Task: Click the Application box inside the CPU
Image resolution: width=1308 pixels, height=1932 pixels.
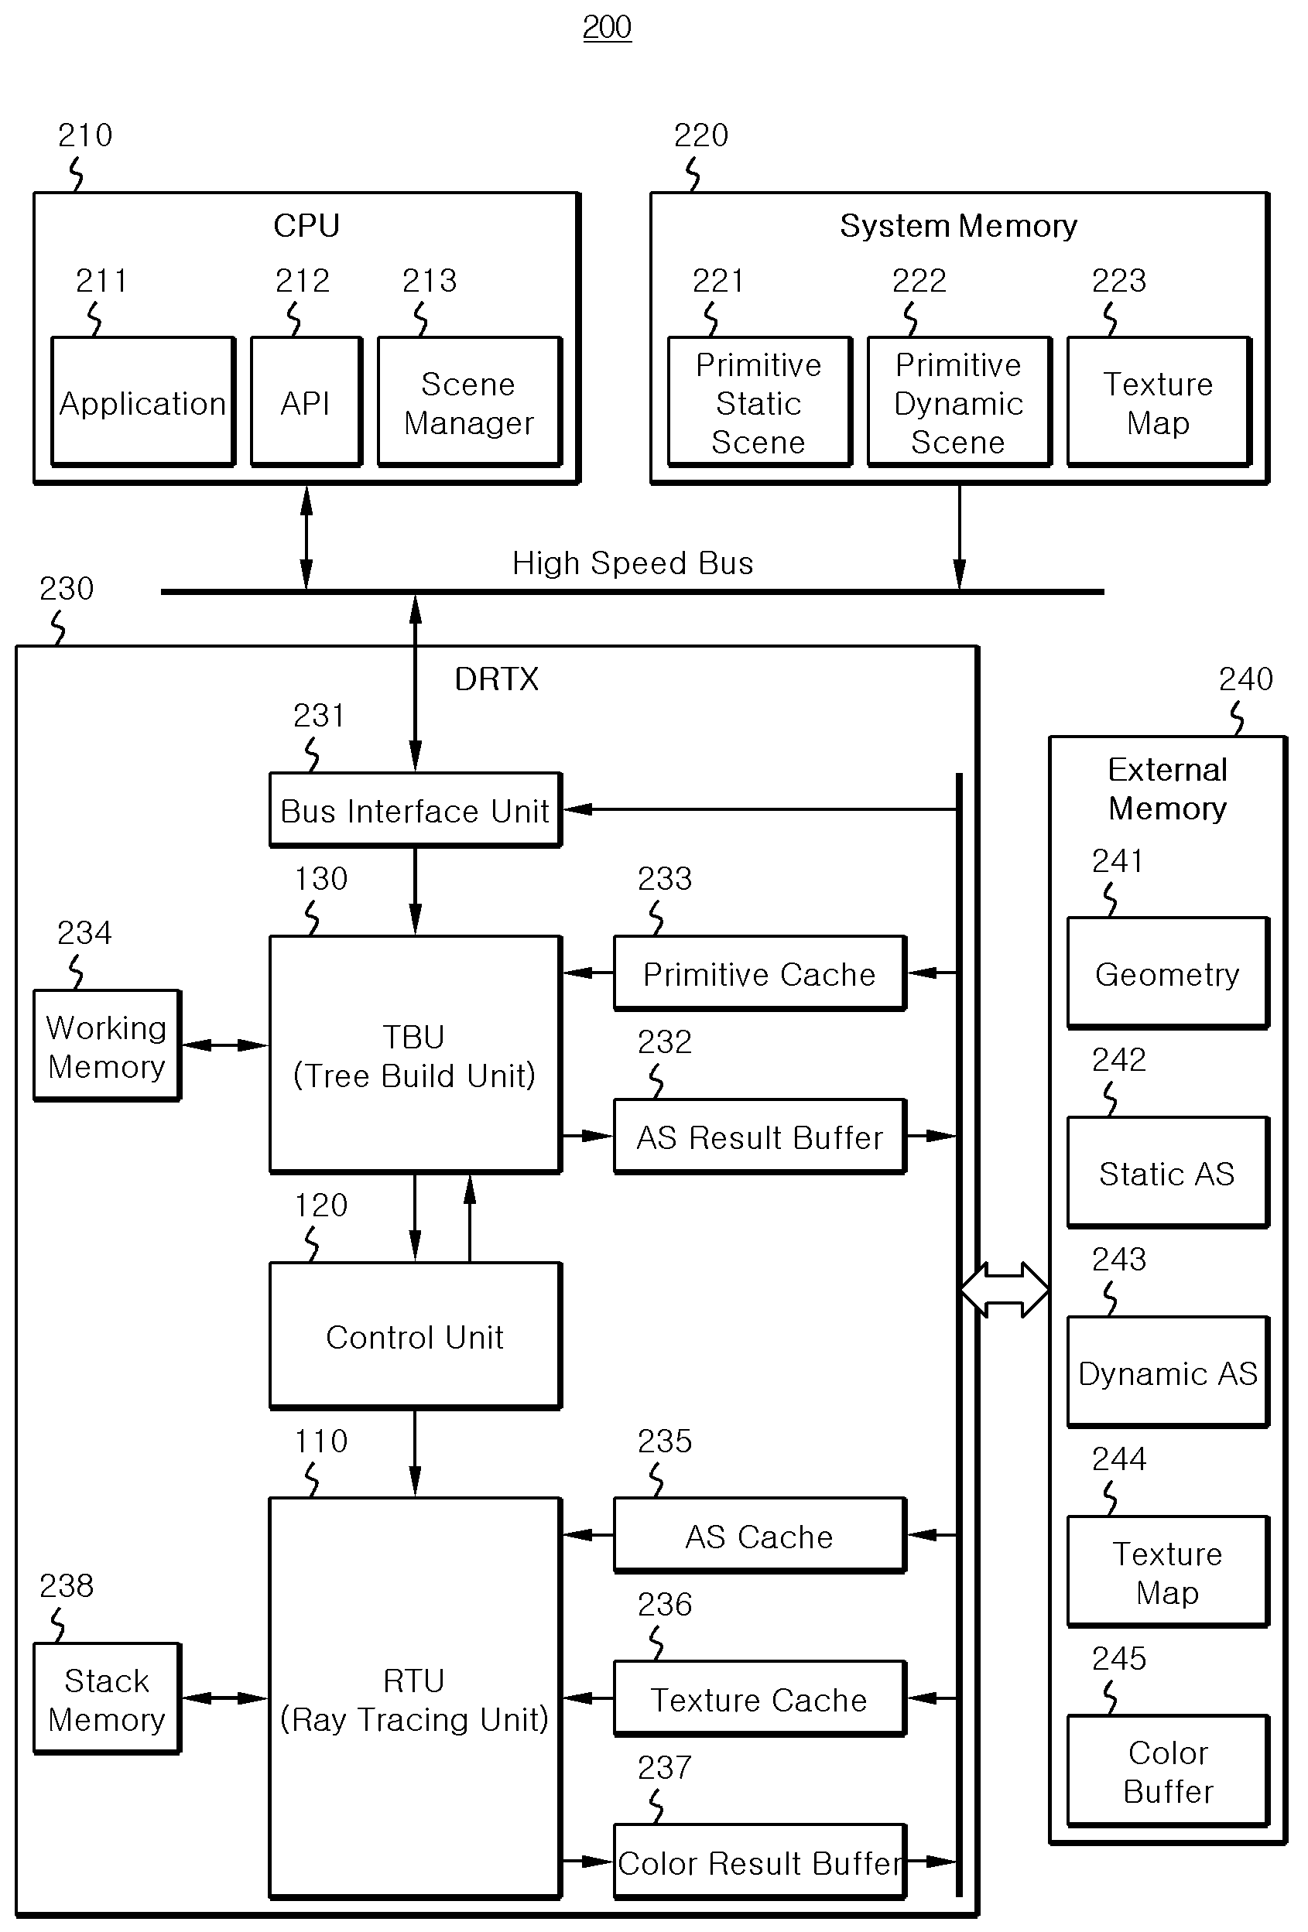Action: (x=143, y=402)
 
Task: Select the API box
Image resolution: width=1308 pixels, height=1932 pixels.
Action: (x=306, y=402)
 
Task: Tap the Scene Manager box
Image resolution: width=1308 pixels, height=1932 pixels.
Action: (x=470, y=402)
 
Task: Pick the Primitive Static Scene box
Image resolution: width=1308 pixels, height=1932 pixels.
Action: (x=760, y=402)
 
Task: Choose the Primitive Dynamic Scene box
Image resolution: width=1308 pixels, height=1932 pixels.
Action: (x=960, y=402)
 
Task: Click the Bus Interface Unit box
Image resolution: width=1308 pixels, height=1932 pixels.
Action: (x=416, y=810)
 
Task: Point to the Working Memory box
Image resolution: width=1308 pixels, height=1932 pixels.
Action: (x=108, y=1046)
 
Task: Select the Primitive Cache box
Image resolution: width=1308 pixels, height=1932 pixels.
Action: (x=760, y=973)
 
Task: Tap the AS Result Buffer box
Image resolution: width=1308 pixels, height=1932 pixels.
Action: (x=760, y=1137)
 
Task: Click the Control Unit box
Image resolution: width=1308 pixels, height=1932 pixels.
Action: (x=416, y=1336)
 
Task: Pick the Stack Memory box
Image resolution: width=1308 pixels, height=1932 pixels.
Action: (x=108, y=1698)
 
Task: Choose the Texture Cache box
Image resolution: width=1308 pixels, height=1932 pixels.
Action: (x=760, y=1698)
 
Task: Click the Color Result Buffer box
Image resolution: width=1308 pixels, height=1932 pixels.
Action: (x=760, y=1862)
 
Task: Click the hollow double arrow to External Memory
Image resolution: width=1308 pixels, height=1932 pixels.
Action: (x=1005, y=1289)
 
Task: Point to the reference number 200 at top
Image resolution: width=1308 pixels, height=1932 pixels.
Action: (x=607, y=27)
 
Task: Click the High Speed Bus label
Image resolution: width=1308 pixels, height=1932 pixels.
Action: (x=633, y=563)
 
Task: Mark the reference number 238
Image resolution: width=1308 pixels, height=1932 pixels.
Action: (x=67, y=1586)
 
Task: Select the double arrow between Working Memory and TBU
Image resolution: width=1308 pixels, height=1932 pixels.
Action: (x=225, y=1045)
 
